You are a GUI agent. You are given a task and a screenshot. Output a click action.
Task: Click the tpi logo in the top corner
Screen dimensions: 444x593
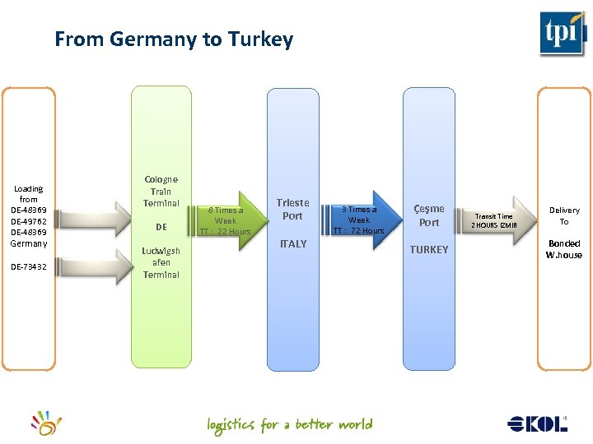click(x=563, y=33)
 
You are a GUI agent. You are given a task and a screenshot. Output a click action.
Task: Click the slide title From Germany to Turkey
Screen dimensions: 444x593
click(x=174, y=39)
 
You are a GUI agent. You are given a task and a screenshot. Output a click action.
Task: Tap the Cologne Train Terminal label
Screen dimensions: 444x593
click(x=161, y=191)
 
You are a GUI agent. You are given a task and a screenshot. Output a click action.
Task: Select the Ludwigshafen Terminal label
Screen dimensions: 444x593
click(x=161, y=262)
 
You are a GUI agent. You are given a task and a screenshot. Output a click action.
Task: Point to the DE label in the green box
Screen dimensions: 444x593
click(x=161, y=227)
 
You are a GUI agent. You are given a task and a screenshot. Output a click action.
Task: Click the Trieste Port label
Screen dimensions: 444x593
click(x=293, y=209)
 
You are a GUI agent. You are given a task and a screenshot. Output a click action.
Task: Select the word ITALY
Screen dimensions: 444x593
click(x=293, y=243)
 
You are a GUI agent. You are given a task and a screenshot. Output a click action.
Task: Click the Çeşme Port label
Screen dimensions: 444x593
click(x=429, y=215)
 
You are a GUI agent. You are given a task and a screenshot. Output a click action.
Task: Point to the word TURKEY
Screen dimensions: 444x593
click(x=429, y=249)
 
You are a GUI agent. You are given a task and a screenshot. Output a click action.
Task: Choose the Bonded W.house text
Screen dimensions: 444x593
click(x=563, y=249)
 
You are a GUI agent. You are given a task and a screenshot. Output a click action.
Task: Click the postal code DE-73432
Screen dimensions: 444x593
click(x=29, y=266)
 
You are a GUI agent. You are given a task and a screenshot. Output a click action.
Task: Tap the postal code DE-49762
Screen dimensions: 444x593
click(x=29, y=221)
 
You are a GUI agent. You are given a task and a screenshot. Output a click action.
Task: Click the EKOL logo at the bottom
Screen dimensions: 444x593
click(x=538, y=423)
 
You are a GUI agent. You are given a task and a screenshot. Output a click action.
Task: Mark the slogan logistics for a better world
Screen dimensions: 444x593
click(x=290, y=425)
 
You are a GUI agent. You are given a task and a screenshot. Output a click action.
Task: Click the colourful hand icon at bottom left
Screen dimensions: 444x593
click(x=47, y=423)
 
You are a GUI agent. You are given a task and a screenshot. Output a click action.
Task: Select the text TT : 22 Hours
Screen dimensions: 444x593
click(x=226, y=232)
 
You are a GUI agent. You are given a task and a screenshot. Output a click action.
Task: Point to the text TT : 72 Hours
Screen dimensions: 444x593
click(x=359, y=231)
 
